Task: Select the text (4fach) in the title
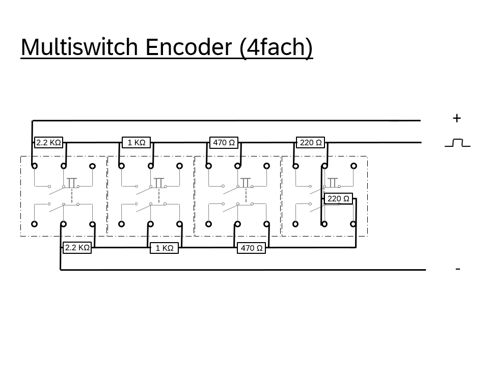pos(276,47)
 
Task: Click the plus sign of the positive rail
pos(456,118)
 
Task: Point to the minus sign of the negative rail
pos(457,269)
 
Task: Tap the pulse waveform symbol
pos(457,143)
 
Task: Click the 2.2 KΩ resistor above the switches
pos(49,143)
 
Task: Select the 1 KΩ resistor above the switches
pos(137,143)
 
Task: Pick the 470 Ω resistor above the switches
pos(224,143)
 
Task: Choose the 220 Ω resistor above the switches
pos(311,143)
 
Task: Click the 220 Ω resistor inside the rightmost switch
pos(338,199)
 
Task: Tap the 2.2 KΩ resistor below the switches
pos(77,248)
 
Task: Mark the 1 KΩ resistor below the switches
pos(165,248)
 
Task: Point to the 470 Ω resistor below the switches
pos(252,248)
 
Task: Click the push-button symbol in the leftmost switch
pos(72,182)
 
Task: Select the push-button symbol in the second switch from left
pos(159,182)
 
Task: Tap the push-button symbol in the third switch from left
pos(246,182)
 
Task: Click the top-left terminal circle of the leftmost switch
pos(34,166)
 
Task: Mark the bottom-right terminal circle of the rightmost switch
pos(354,224)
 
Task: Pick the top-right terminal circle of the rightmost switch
pos(354,166)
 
